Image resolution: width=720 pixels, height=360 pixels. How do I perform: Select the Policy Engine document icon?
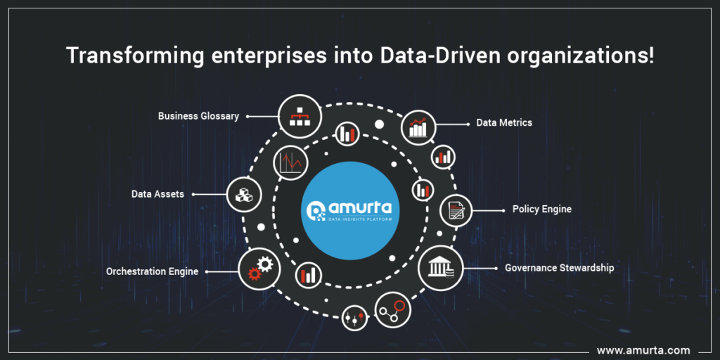tap(456, 210)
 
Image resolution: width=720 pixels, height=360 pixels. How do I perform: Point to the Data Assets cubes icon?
tap(244, 193)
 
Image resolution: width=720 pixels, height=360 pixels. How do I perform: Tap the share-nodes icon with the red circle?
tap(392, 310)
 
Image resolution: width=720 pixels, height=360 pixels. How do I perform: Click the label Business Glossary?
tap(198, 116)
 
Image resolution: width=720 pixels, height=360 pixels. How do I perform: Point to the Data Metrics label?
tap(504, 123)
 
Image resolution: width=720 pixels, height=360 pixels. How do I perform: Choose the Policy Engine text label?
tap(541, 210)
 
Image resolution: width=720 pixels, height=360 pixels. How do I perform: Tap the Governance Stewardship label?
tap(560, 268)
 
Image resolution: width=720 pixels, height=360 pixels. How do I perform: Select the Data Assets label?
tap(157, 194)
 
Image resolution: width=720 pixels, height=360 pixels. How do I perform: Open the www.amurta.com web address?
tap(643, 349)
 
